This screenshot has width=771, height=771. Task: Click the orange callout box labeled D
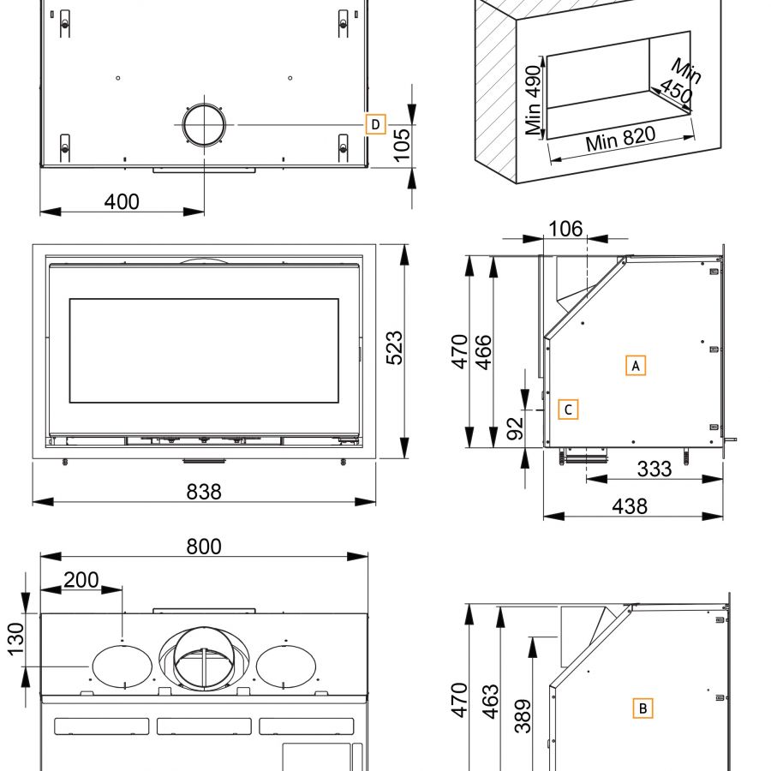tap(375, 124)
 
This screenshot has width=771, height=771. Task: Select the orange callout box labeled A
tap(635, 365)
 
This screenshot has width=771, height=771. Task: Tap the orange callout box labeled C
tap(568, 409)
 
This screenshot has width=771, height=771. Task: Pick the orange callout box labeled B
tap(642, 708)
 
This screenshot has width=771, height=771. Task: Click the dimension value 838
tap(204, 491)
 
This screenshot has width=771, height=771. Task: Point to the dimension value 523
tap(394, 348)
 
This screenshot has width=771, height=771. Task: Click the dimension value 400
tap(122, 202)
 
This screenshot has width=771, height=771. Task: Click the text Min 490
tap(534, 100)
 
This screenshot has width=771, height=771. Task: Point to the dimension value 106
tap(565, 229)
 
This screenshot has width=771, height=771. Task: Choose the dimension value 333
tap(654, 469)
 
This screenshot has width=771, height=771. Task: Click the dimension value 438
tap(630, 505)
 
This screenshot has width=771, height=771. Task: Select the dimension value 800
tap(204, 546)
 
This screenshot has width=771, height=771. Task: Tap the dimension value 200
tap(81, 580)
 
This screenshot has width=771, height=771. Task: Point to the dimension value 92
tap(513, 428)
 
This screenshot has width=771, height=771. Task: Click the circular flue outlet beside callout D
tap(205, 125)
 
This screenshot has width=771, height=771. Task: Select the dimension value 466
tap(483, 350)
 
